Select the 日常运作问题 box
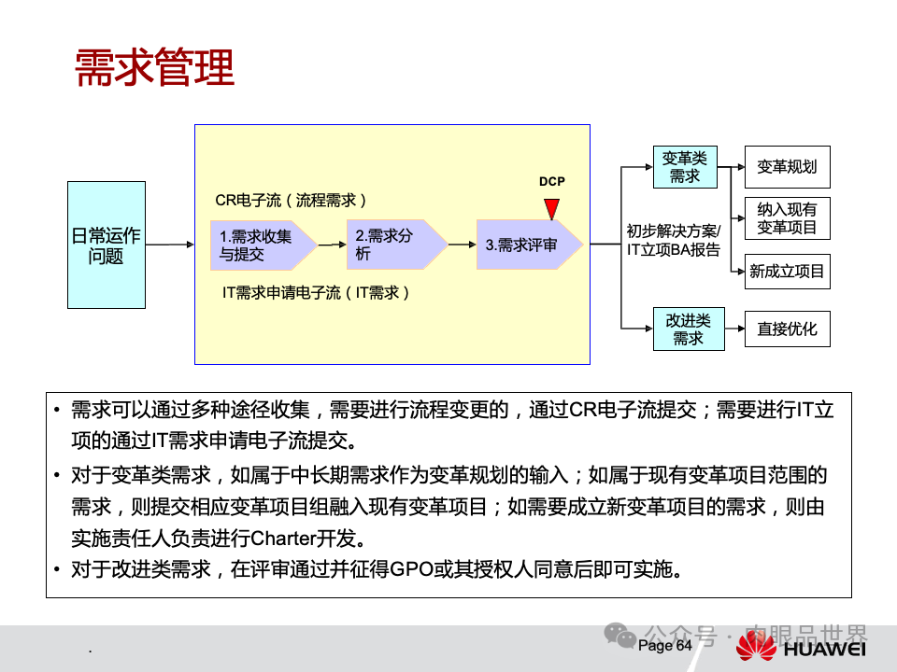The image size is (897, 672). point(107,245)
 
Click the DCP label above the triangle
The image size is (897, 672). point(552,181)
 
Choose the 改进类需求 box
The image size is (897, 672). point(689,329)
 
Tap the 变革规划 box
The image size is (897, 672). point(787,167)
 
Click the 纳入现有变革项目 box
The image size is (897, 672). point(787,218)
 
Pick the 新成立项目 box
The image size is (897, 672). point(787,272)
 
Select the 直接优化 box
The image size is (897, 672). point(787,329)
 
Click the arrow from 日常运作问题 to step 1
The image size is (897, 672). point(171,245)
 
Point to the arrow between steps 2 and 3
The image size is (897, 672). point(461,245)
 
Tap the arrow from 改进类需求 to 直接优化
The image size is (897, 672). point(734,329)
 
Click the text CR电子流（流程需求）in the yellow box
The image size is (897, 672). point(291,200)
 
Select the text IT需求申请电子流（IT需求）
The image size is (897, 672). point(316,293)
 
